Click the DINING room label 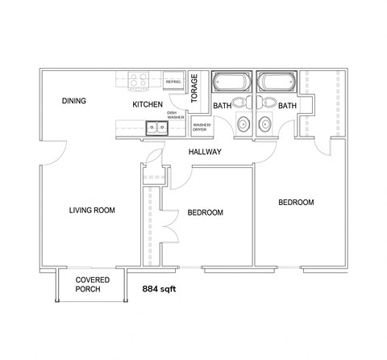tap(74, 101)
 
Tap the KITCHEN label tap(148, 105)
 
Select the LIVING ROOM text tap(92, 211)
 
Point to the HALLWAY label tap(206, 152)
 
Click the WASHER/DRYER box tap(202, 126)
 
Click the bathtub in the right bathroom tap(277, 83)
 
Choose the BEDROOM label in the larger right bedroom tap(296, 203)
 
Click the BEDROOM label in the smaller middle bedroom tap(206, 213)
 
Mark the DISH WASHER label tap(176, 115)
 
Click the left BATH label tap(222, 106)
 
